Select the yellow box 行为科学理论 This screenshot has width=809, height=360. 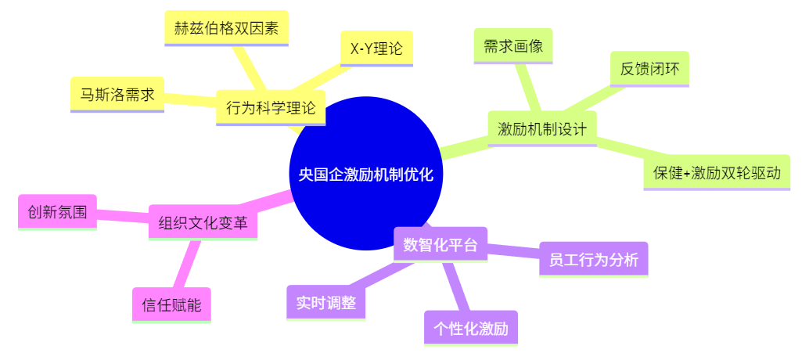coord(271,108)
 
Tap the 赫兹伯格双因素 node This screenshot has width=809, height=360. coord(226,28)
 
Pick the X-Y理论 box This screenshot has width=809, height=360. coord(376,49)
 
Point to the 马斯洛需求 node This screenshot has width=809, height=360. coord(117,95)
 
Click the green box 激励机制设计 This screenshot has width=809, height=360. coord(542,129)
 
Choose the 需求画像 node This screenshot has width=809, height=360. coord(513,46)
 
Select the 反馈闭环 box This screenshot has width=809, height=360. coord(649,69)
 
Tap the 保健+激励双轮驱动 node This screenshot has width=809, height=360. coord(717,173)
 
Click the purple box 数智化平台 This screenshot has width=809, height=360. coord(440,245)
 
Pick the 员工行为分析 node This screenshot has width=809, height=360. coord(594,260)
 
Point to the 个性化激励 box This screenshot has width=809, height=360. coord(471,328)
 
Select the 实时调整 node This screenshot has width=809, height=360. coord(326,303)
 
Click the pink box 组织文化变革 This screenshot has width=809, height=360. coord(203,223)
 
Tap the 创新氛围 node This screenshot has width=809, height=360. coord(57,212)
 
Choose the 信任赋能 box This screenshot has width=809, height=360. coord(172,305)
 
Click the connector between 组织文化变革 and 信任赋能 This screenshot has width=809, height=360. coord(186,264)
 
